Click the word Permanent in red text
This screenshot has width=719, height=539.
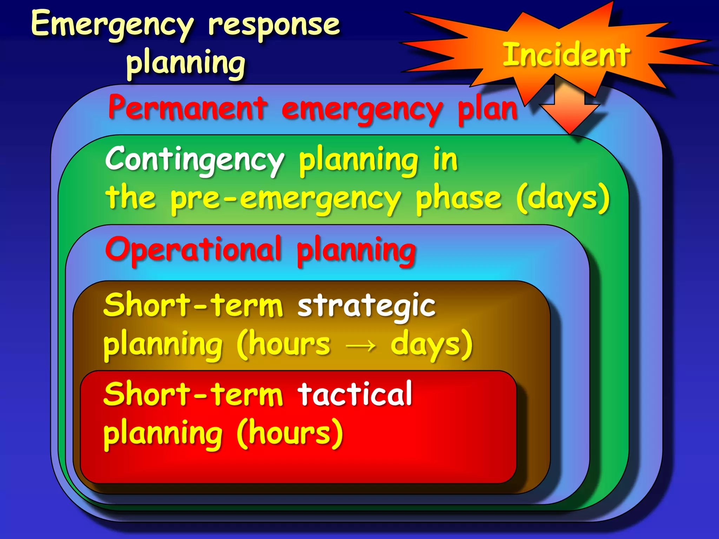188,108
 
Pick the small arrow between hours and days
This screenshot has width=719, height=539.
361,346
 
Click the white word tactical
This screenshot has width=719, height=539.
355,394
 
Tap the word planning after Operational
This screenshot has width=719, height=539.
356,251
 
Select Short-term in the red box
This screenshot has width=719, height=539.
193,394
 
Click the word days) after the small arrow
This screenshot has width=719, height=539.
431,345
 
